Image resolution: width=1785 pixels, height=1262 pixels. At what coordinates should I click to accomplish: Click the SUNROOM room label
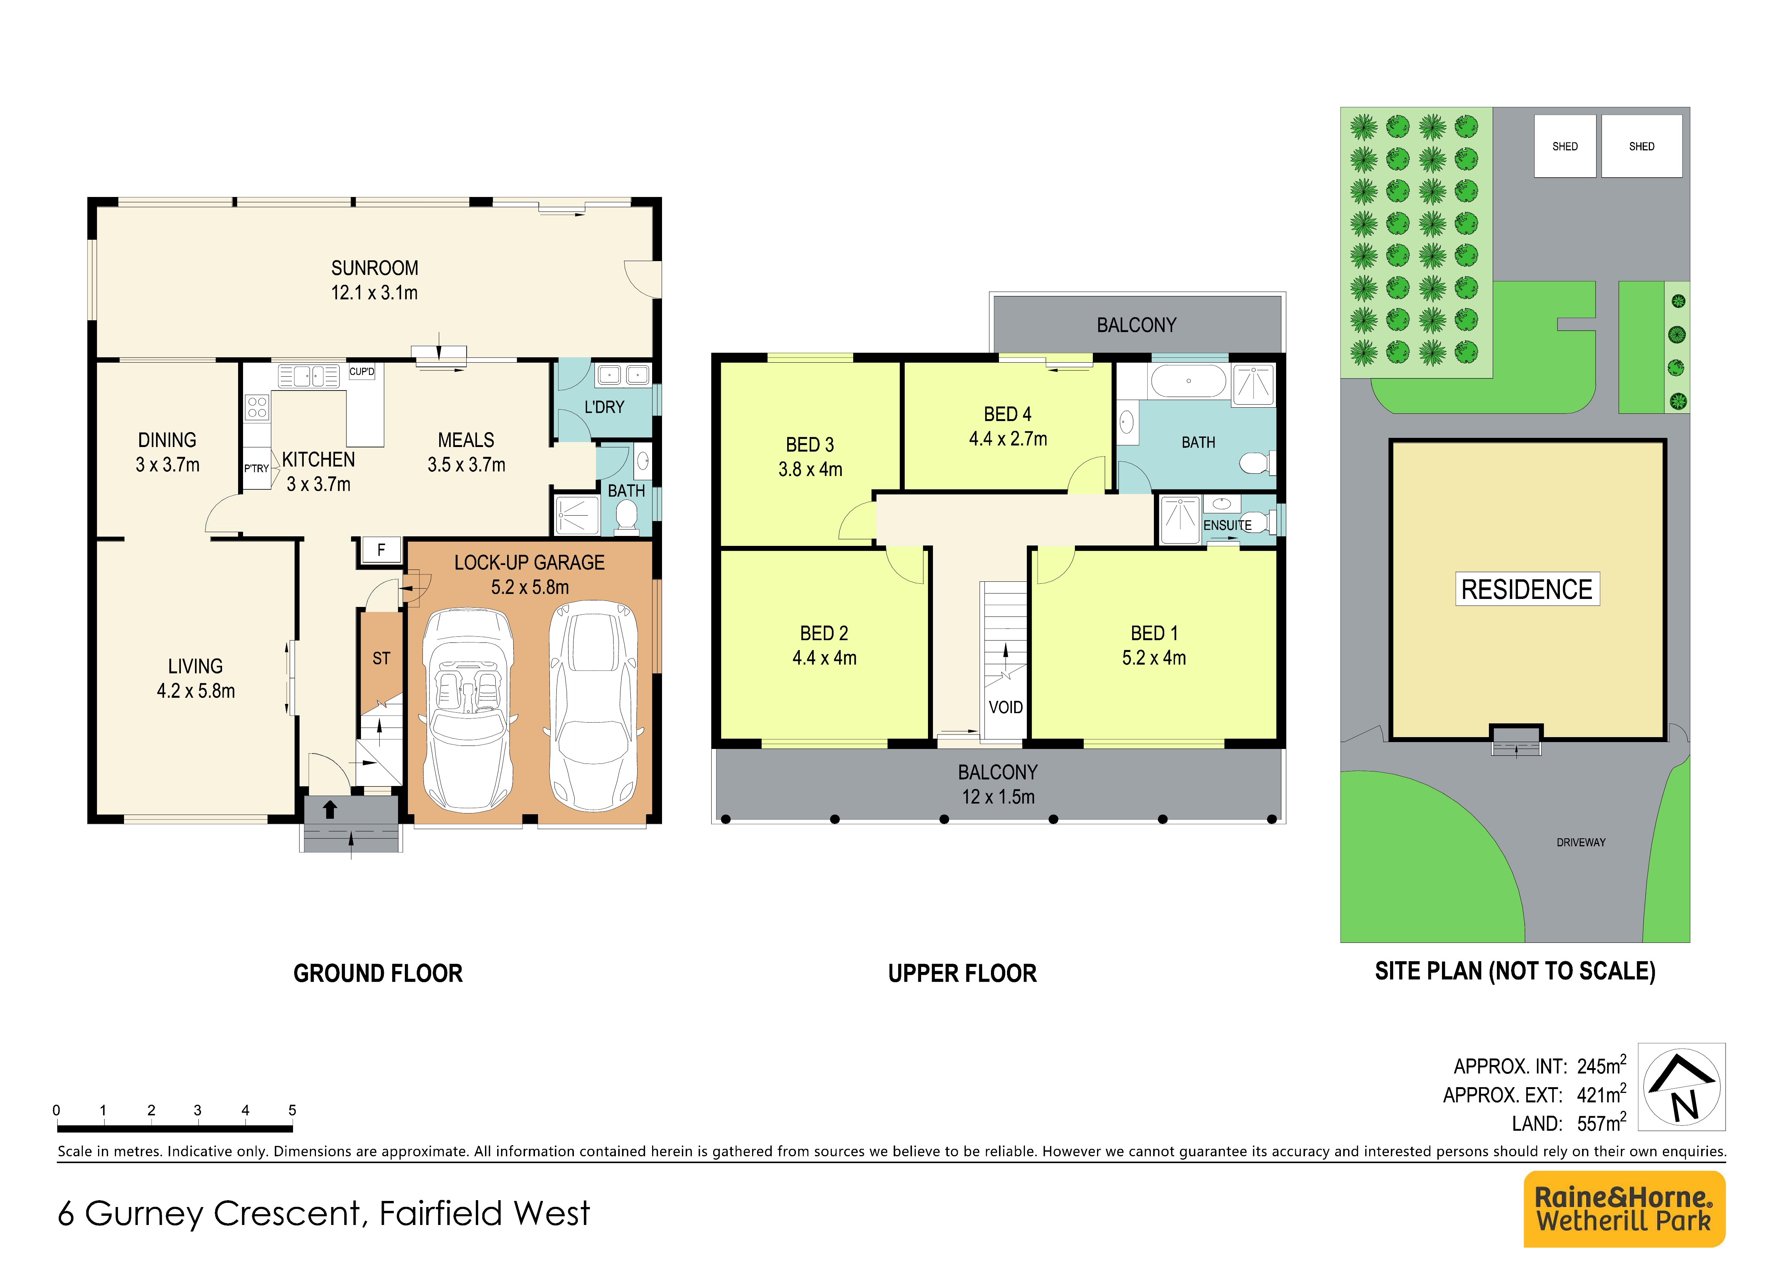pos(375,268)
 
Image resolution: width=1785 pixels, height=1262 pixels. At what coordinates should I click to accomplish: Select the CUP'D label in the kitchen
pos(361,372)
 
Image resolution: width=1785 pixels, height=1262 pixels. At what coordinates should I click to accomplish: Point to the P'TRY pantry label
pos(256,469)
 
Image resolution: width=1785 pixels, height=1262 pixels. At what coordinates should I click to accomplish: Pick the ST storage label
pos(381,658)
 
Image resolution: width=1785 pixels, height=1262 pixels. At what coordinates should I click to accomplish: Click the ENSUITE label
pos(1227,526)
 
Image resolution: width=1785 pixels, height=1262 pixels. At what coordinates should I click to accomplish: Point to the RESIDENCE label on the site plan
pos(1527,589)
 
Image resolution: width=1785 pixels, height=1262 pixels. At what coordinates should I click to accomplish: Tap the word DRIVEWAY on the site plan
pos(1580,842)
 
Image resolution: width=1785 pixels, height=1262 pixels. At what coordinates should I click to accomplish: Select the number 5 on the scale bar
pos(292,1110)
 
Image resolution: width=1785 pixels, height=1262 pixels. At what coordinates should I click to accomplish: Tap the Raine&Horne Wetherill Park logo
pos(1624,1209)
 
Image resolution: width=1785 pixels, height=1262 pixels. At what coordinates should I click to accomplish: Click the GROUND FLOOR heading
pos(378,973)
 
